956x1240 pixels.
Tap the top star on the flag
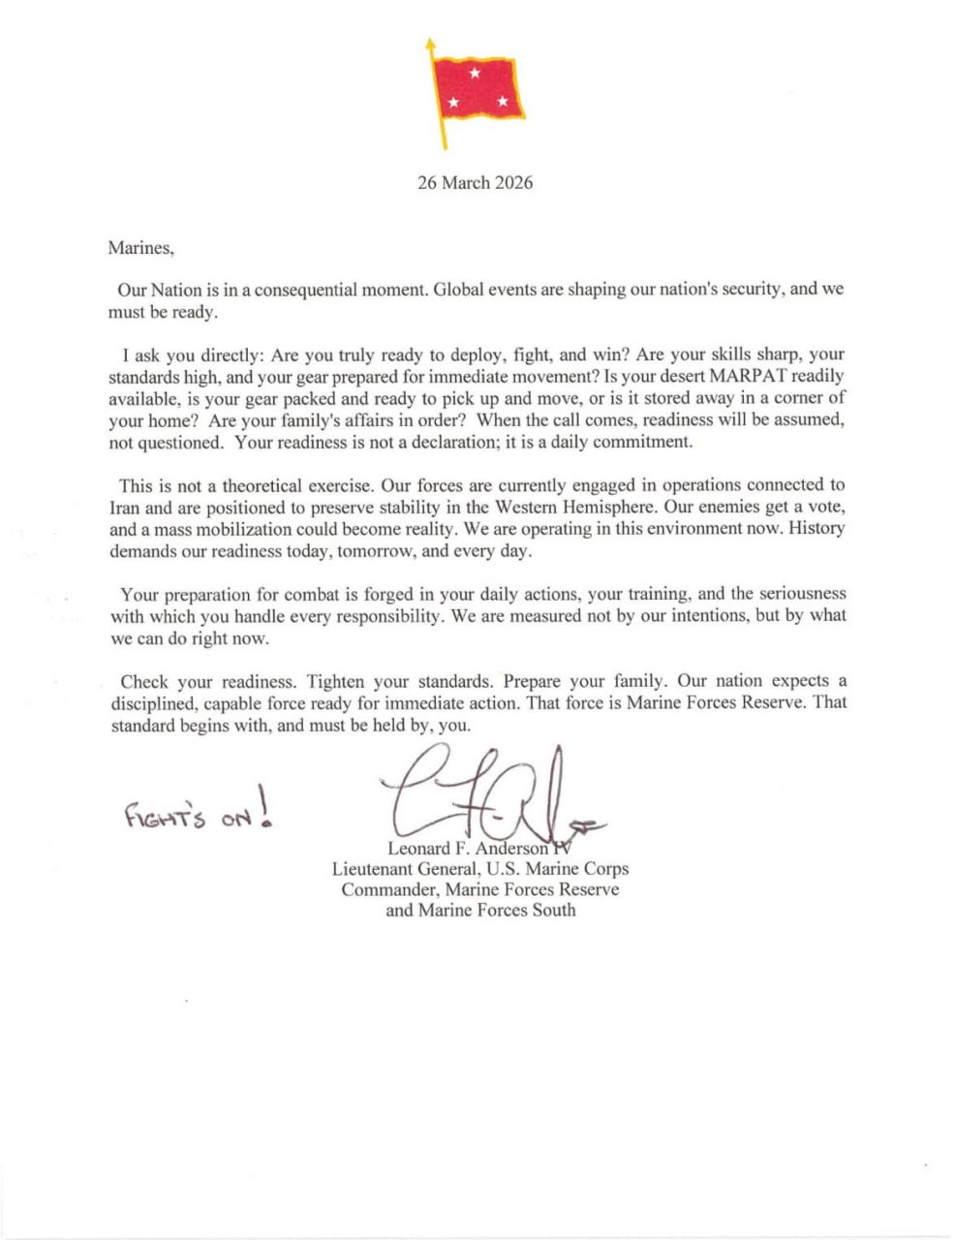475,73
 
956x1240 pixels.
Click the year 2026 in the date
513,183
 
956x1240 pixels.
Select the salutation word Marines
140,248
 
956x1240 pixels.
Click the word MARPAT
748,376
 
